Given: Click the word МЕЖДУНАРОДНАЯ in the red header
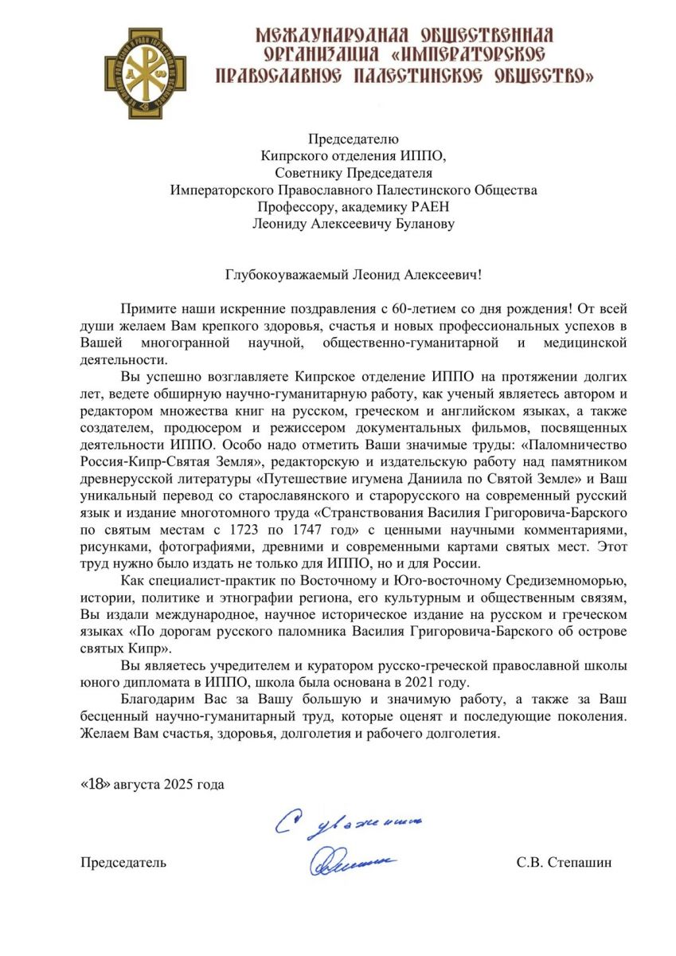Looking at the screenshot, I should point(331,35).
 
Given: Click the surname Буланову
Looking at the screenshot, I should point(420,225).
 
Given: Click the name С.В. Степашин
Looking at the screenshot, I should point(564,862).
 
